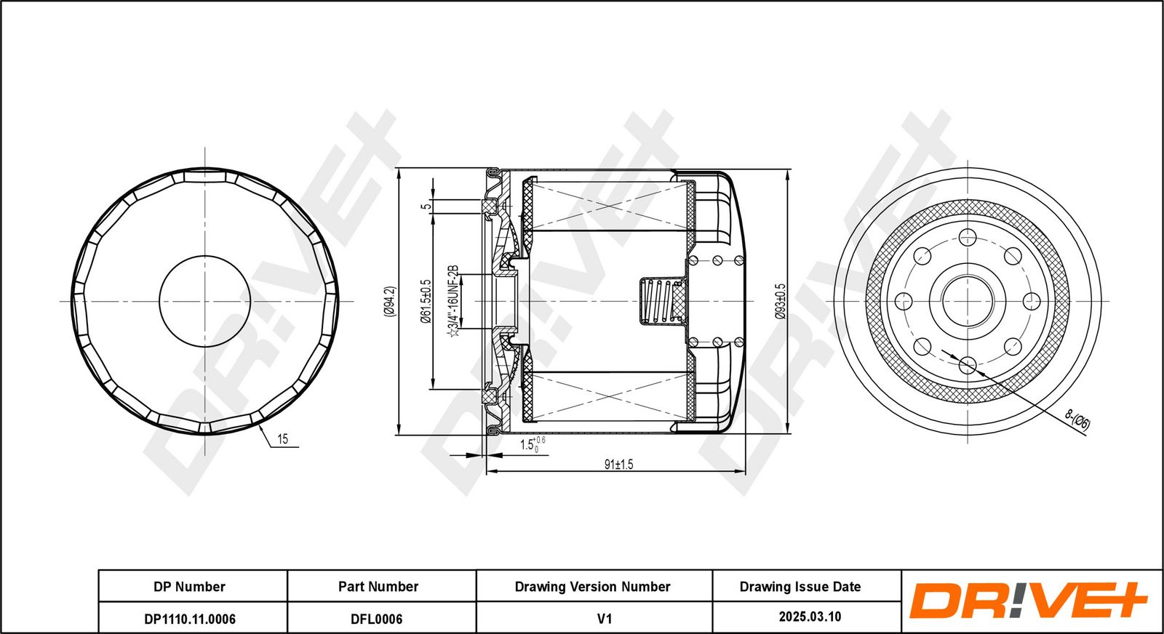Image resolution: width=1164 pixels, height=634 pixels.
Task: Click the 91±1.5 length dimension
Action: (x=618, y=465)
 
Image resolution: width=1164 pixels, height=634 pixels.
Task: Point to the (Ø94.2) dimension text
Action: (x=389, y=301)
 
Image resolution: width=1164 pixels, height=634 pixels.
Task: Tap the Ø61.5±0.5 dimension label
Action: (x=426, y=301)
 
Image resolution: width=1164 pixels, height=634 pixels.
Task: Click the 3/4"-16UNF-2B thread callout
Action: (x=453, y=301)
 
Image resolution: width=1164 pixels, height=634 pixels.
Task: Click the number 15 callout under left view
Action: (x=282, y=439)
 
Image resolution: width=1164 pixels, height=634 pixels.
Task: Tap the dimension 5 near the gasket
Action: (x=427, y=206)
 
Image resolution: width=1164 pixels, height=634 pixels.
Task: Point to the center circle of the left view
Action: (x=205, y=300)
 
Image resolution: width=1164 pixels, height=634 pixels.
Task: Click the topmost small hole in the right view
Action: (x=968, y=237)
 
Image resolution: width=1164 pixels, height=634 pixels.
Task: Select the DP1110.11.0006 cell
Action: (x=190, y=619)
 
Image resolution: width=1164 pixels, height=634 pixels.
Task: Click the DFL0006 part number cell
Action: (x=376, y=619)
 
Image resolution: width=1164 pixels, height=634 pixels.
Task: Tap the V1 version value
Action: (x=604, y=619)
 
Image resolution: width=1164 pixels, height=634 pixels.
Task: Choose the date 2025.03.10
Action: (x=810, y=617)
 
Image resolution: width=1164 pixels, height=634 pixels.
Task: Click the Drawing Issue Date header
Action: (x=800, y=587)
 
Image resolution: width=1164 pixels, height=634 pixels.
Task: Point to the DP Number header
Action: (x=189, y=587)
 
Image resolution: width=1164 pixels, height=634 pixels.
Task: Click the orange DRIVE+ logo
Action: (x=1027, y=601)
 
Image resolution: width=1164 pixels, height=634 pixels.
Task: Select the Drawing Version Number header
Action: (x=592, y=587)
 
